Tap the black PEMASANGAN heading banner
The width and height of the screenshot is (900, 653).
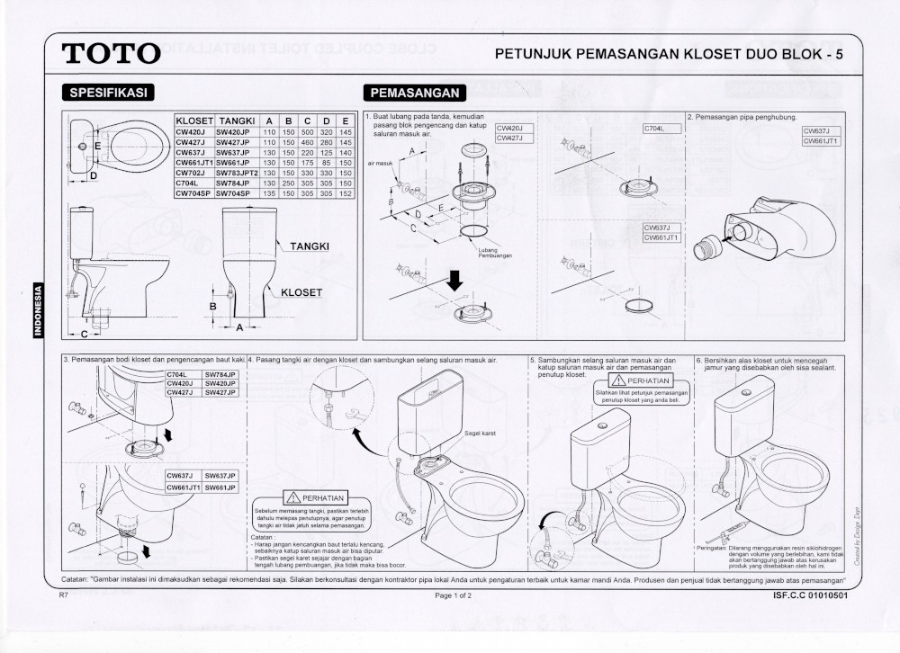click(414, 93)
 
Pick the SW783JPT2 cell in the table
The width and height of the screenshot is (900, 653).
click(238, 173)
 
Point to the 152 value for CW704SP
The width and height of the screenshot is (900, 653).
click(346, 192)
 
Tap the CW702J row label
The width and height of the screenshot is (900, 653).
click(193, 173)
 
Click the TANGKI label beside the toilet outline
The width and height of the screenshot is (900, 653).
click(309, 246)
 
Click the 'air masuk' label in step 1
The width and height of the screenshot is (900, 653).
click(380, 164)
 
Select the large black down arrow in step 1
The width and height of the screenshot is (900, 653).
click(454, 282)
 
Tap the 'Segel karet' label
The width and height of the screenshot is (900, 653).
click(482, 433)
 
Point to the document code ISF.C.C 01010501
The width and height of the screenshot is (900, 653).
click(809, 595)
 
